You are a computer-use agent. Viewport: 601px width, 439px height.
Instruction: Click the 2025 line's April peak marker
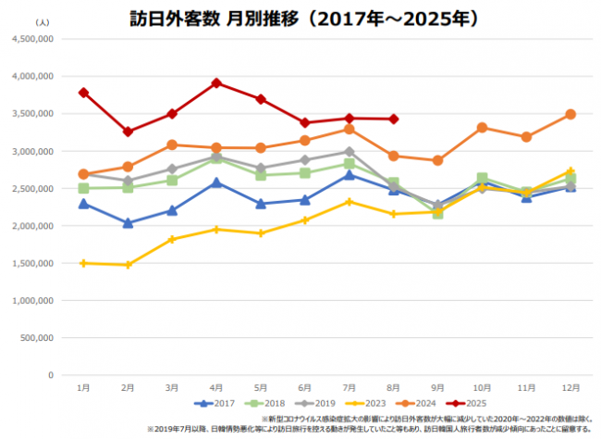(x=216, y=82)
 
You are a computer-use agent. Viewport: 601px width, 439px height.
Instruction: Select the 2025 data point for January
(x=83, y=93)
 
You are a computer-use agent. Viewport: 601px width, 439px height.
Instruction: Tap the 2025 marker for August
(x=394, y=119)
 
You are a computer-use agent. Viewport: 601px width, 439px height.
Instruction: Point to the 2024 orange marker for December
(x=570, y=114)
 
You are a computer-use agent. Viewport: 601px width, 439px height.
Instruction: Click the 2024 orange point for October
(x=482, y=127)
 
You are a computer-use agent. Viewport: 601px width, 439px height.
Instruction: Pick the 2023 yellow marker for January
(x=83, y=263)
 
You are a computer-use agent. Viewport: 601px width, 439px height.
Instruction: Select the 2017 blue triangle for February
(x=128, y=223)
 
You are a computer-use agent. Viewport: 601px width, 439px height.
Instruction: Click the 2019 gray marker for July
(x=350, y=152)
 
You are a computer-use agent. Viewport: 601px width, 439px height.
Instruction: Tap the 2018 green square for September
(x=437, y=213)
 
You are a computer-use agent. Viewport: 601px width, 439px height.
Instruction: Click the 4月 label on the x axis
(x=216, y=387)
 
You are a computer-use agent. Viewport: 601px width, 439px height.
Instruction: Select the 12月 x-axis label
(x=570, y=387)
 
